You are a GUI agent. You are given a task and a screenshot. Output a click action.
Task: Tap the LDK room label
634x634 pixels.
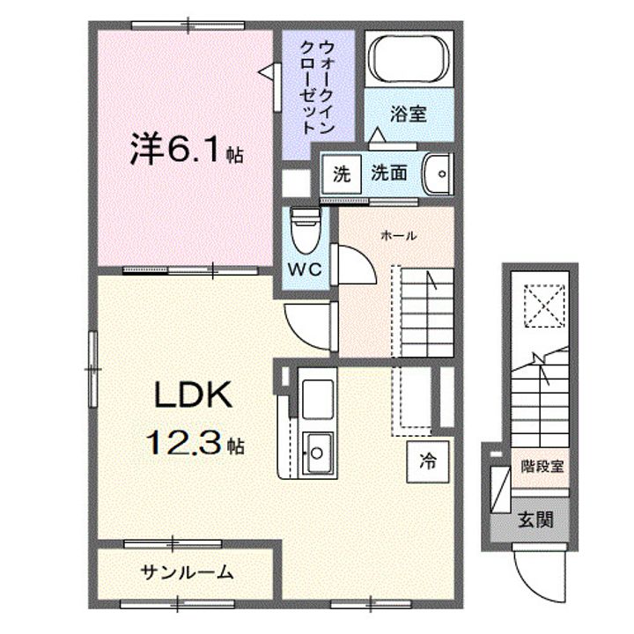194,397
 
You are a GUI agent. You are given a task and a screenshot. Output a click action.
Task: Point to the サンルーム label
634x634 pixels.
187,572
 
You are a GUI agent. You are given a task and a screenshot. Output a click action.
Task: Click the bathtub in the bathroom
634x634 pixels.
408,60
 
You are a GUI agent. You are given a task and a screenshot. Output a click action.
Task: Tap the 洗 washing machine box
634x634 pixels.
341,173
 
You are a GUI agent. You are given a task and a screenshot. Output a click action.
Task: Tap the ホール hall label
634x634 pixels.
399,235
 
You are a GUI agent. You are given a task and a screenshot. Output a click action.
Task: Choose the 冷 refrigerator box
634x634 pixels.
426,461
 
